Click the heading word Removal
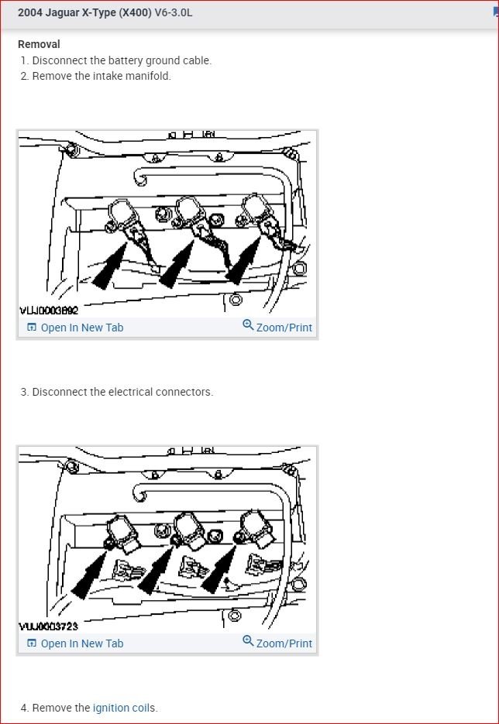pyautogui.click(x=39, y=44)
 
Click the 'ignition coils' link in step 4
pyautogui.click(x=122, y=708)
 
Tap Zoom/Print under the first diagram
pyautogui.click(x=284, y=328)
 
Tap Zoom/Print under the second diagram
pyautogui.click(x=284, y=643)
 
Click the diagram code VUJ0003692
pyautogui.click(x=49, y=311)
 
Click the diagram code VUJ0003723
pyautogui.click(x=49, y=626)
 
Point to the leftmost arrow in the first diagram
pyautogui.click(x=109, y=267)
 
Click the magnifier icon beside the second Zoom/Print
pyautogui.click(x=248, y=641)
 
